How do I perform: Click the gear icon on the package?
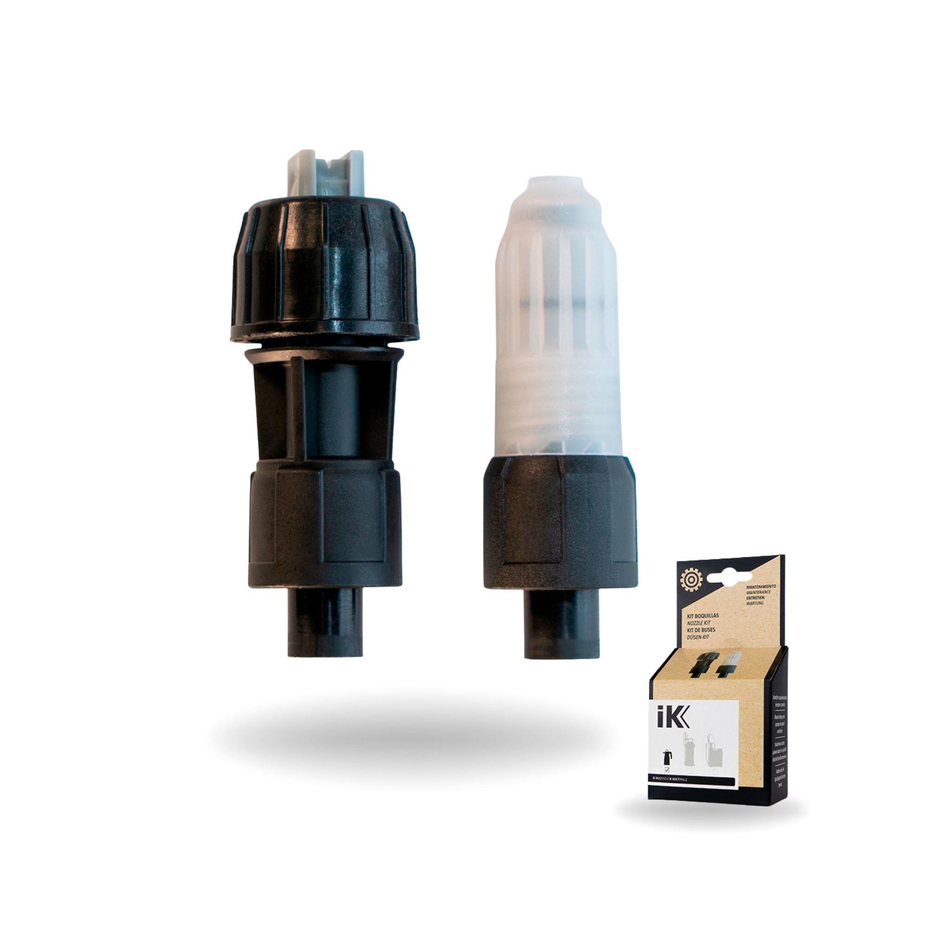point(692,580)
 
